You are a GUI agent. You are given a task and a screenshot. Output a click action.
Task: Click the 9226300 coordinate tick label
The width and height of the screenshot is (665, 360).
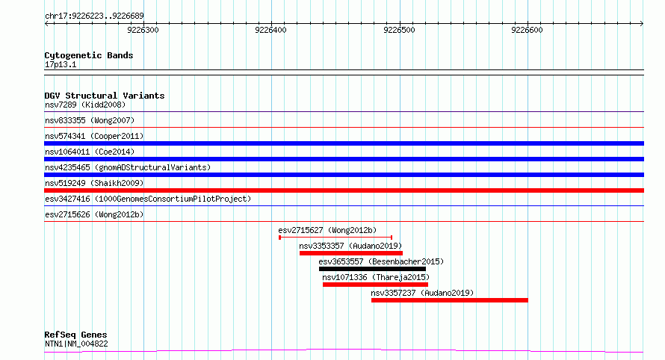pyautogui.click(x=143, y=30)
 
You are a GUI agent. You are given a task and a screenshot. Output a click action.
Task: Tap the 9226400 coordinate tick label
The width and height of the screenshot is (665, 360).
pyautogui.click(x=270, y=30)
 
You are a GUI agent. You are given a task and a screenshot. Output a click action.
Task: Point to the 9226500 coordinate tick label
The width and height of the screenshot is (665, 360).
pyautogui.click(x=399, y=30)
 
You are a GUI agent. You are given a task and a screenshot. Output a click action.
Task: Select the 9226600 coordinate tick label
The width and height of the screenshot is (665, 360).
pyautogui.click(x=527, y=30)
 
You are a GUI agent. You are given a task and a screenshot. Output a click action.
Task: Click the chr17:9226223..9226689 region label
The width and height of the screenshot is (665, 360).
pyautogui.click(x=94, y=16)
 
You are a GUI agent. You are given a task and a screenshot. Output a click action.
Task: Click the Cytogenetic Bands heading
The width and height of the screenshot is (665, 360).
pyautogui.click(x=89, y=55)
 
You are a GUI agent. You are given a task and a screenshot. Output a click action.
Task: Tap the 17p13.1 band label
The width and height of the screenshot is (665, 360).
pyautogui.click(x=61, y=64)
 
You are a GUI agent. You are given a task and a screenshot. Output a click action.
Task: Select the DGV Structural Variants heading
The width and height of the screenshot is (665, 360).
pyautogui.click(x=105, y=96)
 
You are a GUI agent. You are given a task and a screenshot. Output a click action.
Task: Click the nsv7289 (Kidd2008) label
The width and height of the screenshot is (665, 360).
pyautogui.click(x=85, y=105)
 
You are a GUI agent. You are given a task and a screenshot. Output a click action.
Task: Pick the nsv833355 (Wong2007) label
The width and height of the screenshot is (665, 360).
pyautogui.click(x=90, y=120)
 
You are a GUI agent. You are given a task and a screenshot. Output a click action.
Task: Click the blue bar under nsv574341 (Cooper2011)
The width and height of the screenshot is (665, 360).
pyautogui.click(x=344, y=143)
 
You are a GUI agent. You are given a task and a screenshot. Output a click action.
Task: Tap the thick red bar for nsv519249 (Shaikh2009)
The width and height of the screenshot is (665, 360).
pyautogui.click(x=344, y=190)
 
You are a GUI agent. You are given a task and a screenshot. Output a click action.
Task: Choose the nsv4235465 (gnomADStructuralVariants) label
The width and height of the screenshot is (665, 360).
pyautogui.click(x=128, y=167)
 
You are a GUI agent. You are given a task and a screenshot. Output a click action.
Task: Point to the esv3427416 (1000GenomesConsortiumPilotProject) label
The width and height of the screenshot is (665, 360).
pyautogui.click(x=148, y=199)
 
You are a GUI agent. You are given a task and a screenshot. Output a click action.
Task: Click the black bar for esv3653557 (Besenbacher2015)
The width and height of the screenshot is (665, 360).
pyautogui.click(x=372, y=269)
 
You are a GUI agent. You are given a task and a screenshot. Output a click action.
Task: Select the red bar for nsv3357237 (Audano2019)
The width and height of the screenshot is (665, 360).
pyautogui.click(x=450, y=300)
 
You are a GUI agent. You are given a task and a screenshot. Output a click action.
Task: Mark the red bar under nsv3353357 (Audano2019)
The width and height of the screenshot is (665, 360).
pyautogui.click(x=351, y=253)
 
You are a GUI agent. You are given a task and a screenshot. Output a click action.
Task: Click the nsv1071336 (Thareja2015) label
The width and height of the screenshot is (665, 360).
pyautogui.click(x=376, y=277)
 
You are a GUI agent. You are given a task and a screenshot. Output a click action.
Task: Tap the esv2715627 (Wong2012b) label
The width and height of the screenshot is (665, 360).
pyautogui.click(x=327, y=230)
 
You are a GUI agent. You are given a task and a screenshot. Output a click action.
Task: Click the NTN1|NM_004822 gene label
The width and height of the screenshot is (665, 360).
pyautogui.click(x=76, y=344)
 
